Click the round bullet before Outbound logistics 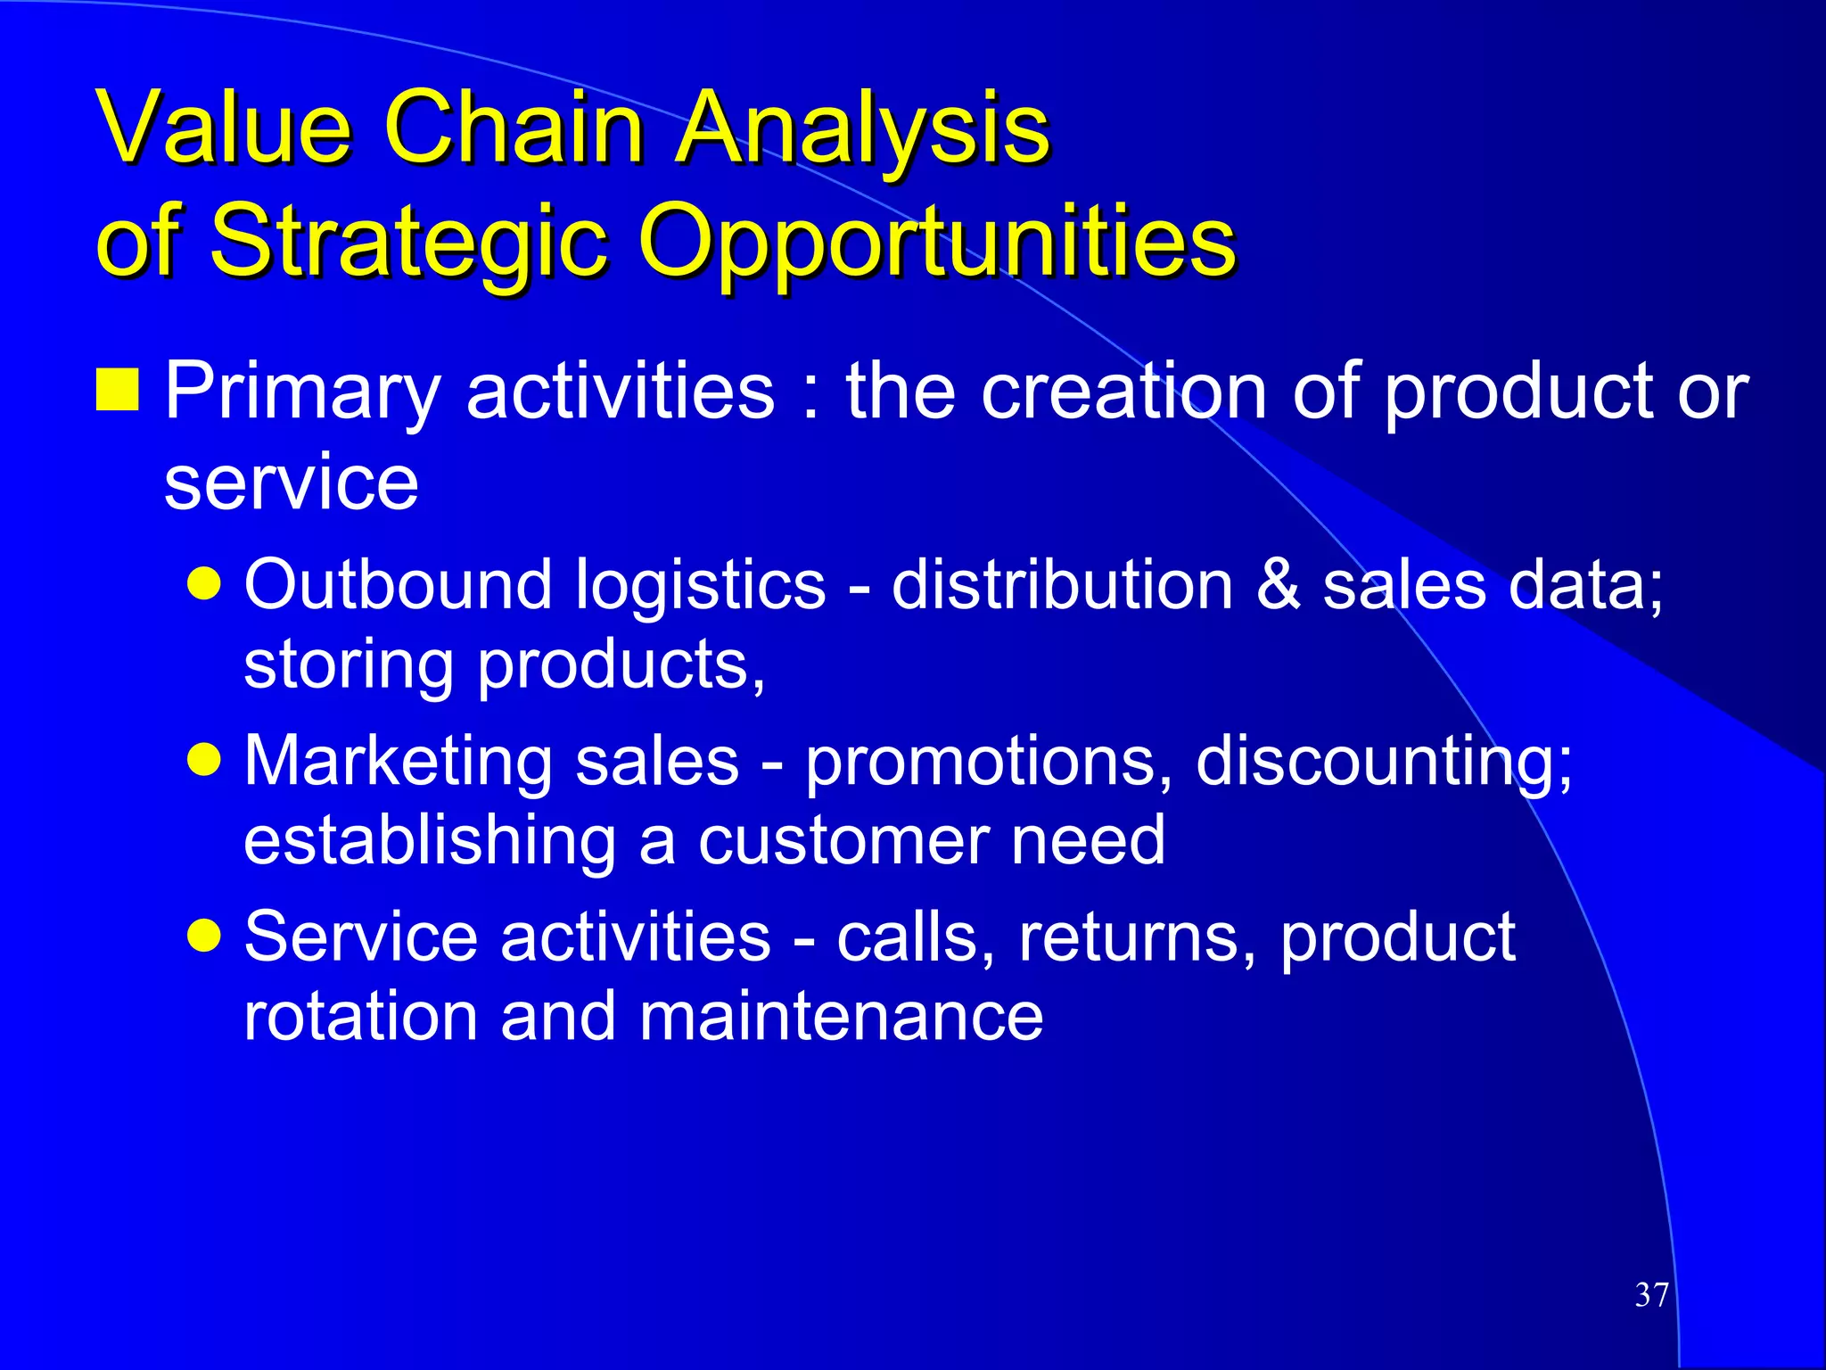click(205, 584)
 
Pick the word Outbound click(399, 585)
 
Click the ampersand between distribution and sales click(1277, 585)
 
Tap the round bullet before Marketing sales click(205, 761)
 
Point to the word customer click(843, 840)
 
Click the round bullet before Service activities click(205, 937)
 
